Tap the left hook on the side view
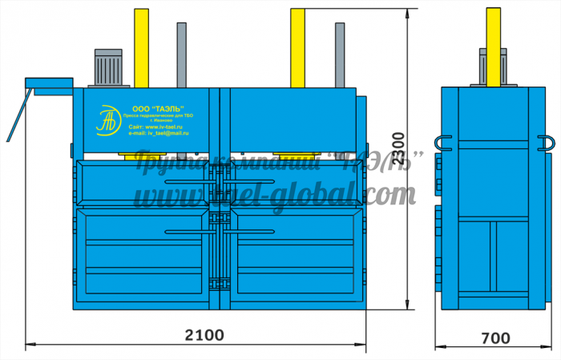tap(444, 143)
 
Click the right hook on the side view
tap(548, 143)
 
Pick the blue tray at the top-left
tap(48, 83)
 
